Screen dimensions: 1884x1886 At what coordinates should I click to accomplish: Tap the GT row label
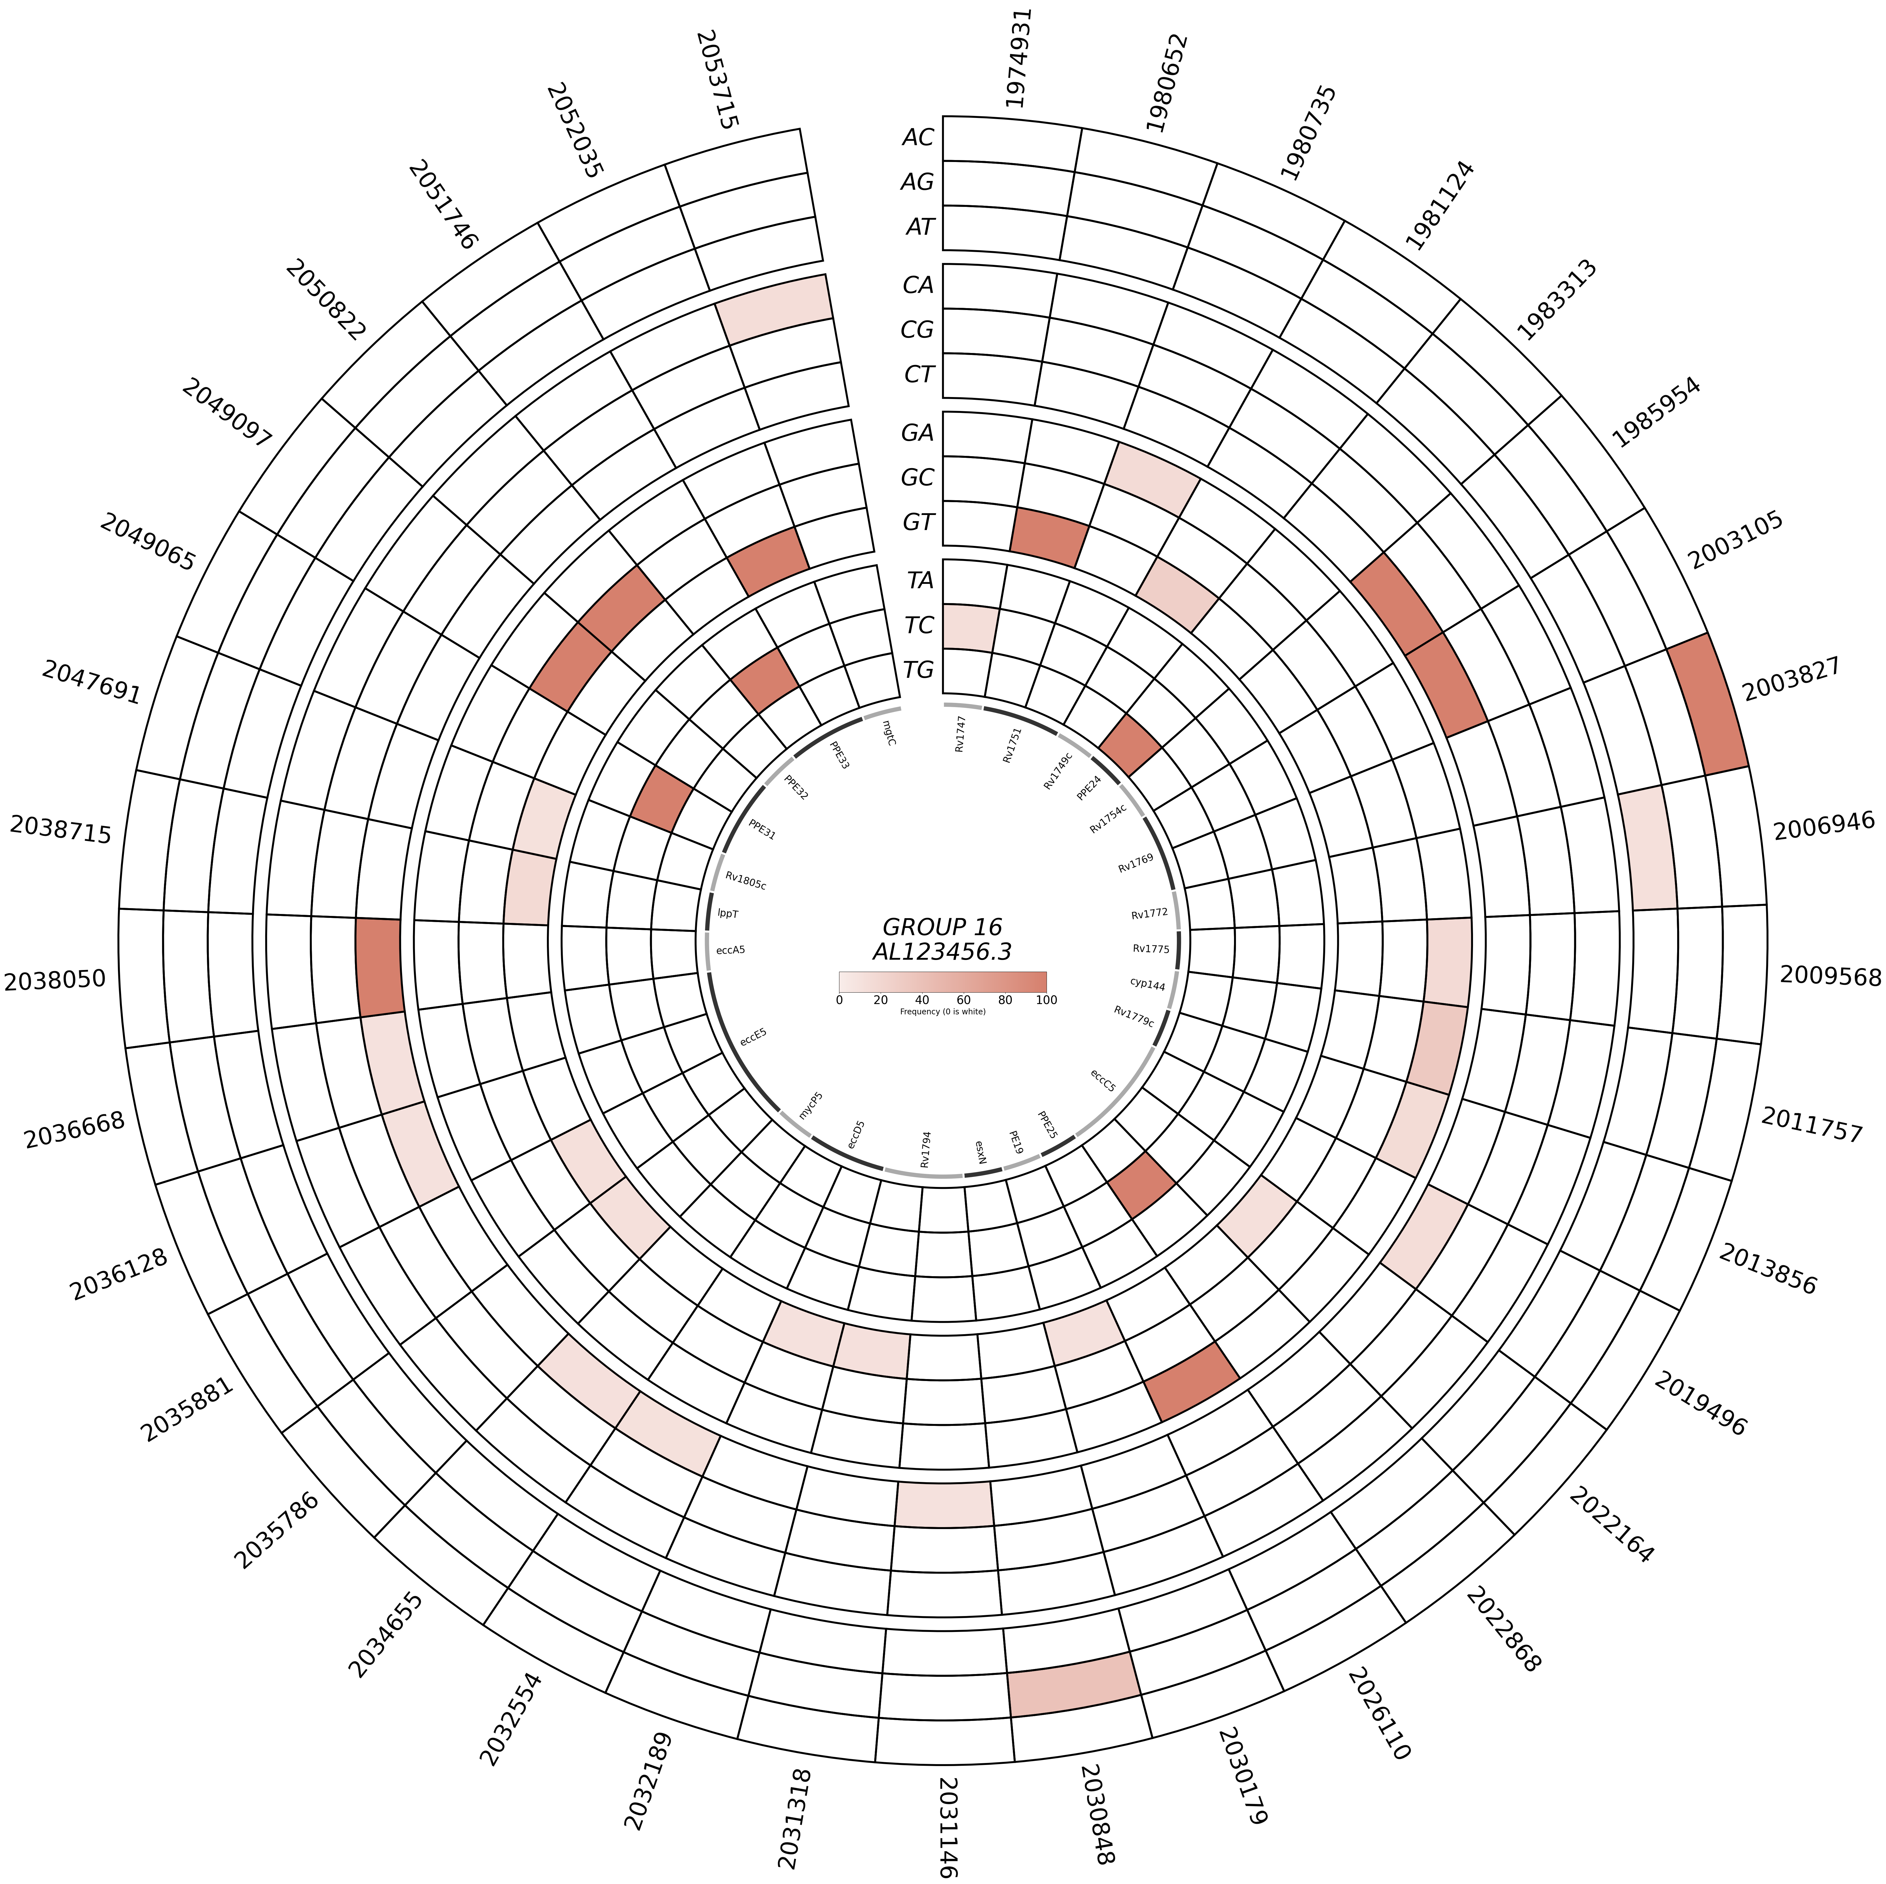click(917, 522)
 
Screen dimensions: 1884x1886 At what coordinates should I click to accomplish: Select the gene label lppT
click(728, 914)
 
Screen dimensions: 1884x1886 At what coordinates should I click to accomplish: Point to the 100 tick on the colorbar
click(1047, 1000)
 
